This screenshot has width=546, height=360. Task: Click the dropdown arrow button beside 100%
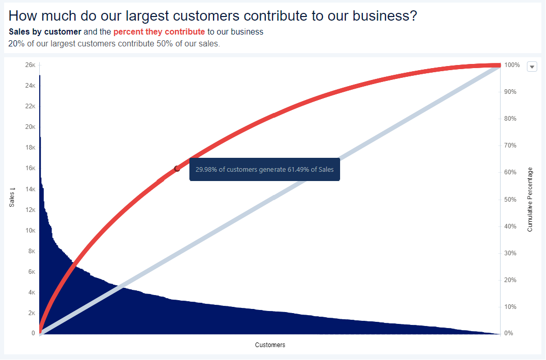pos(532,67)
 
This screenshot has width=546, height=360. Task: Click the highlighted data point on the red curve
pos(177,169)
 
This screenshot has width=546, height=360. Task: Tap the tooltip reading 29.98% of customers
pos(265,170)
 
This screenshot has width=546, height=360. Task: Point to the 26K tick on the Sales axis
pos(30,65)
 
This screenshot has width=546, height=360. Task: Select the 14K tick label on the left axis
pos(30,189)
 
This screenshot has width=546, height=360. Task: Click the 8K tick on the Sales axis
pos(31,251)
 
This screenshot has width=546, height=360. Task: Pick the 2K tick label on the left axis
pos(31,313)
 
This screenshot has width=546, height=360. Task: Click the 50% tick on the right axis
pos(510,200)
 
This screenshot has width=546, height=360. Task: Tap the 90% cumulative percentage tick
pos(510,92)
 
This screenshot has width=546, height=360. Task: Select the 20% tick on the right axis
pos(510,280)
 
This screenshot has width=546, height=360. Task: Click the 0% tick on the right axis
pos(509,333)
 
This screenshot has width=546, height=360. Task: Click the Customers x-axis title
pos(270,345)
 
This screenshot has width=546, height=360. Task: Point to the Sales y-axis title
pos(12,198)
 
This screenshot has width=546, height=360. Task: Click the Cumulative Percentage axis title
pos(530,200)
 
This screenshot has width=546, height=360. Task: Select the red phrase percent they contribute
pos(159,31)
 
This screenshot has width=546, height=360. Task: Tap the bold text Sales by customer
pos(45,31)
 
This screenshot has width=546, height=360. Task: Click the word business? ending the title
pos(385,16)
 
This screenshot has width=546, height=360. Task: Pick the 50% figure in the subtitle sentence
pos(165,43)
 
